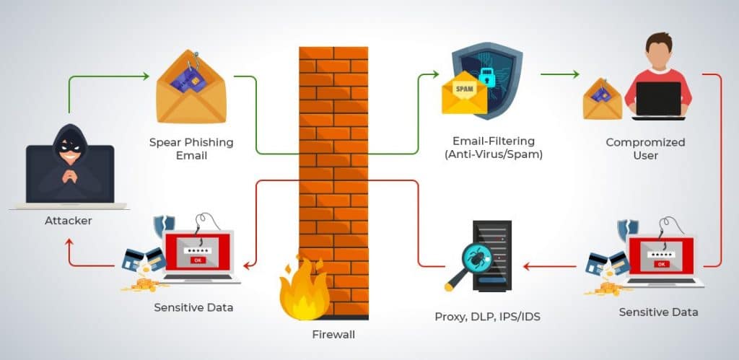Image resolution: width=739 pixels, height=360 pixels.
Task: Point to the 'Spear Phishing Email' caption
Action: [191, 149]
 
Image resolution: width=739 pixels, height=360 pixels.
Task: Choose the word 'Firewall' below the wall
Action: [333, 334]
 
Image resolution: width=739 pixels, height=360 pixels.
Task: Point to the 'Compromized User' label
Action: [644, 149]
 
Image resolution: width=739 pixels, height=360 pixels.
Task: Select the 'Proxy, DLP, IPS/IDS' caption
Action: [476, 316]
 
